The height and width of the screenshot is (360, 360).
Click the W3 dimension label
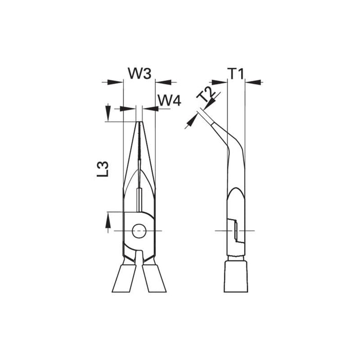(139, 74)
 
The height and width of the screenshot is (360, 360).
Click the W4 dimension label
(169, 100)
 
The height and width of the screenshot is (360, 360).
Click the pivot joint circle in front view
(138, 231)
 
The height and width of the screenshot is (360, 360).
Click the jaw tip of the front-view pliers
(139, 123)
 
